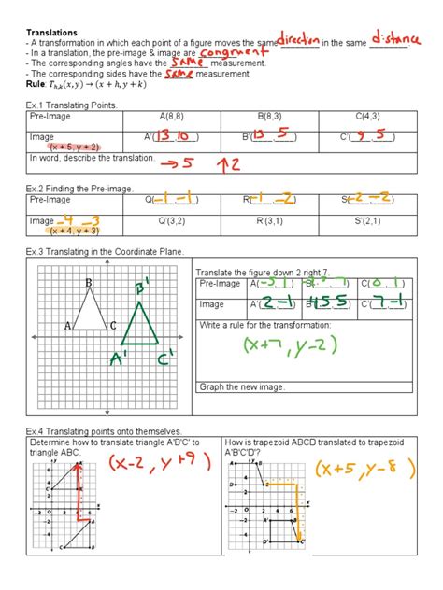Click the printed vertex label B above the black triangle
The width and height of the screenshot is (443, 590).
coord(90,282)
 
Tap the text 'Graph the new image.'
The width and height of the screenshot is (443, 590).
coord(242,387)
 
